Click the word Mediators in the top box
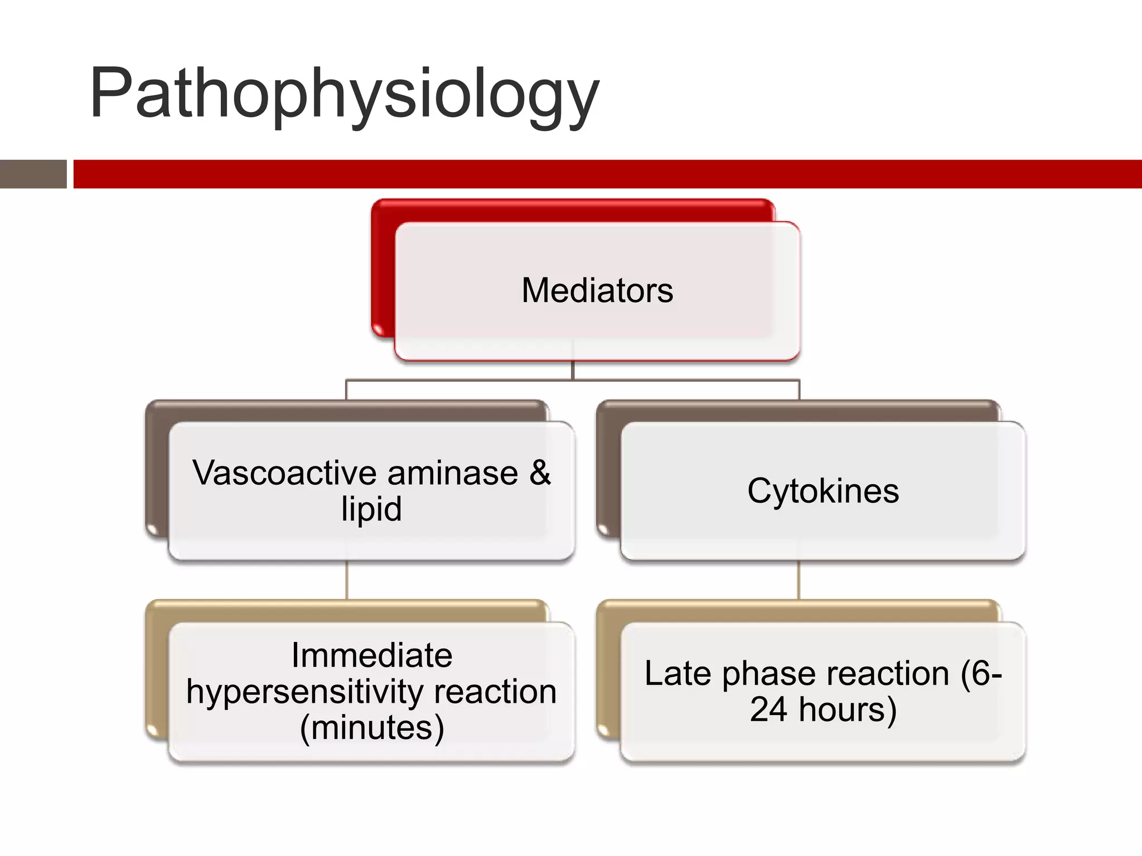tap(597, 290)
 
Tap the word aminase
tap(453, 473)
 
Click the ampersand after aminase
tap(540, 473)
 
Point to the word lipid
tap(371, 509)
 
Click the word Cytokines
tap(823, 491)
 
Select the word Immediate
tap(371, 655)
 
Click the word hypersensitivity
tap(306, 692)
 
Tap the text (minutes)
tap(371, 728)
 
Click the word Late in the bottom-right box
tap(677, 673)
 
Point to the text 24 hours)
tap(823, 709)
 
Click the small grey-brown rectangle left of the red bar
tap(33, 174)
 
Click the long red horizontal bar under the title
tap(607, 174)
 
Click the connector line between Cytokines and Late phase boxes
tap(799, 580)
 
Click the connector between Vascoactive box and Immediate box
tap(347, 580)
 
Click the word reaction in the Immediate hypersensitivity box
tap(495, 692)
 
